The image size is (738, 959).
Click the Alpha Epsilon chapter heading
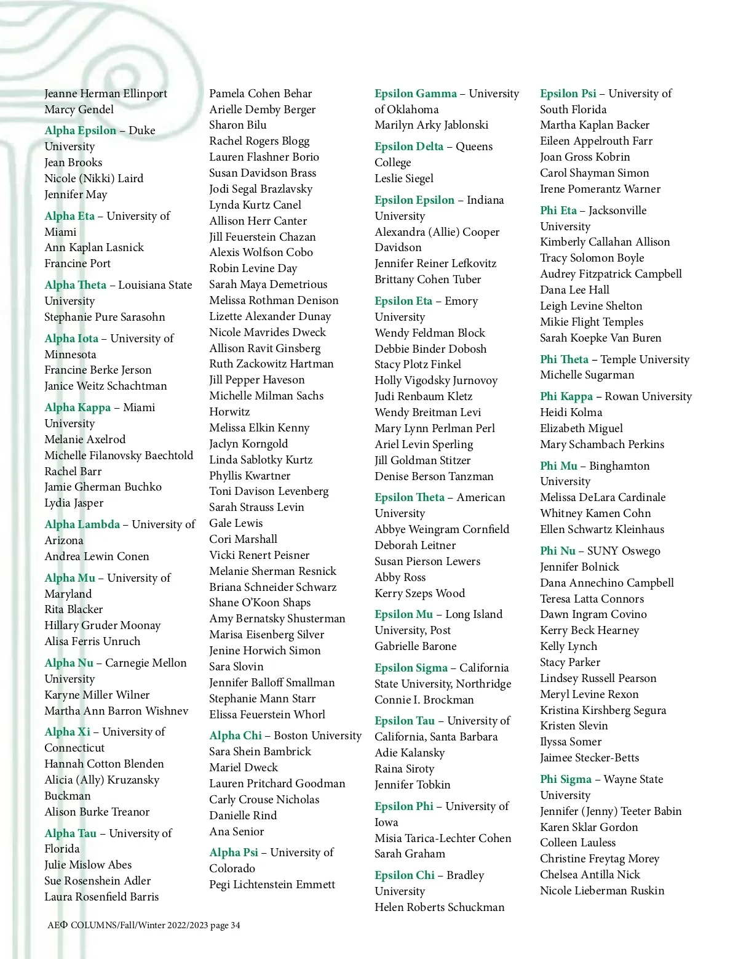point(80,130)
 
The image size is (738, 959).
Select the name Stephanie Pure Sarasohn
point(105,317)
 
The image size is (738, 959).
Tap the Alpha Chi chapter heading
point(236,736)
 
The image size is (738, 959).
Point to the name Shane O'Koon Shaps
point(260,603)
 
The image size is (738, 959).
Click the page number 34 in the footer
point(235,925)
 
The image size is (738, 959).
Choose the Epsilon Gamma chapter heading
point(416,94)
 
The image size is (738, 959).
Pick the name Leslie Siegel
point(404,179)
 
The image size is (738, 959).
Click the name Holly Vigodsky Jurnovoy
point(436,380)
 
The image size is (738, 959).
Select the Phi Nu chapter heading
point(558,551)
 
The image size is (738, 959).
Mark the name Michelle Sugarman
point(587,375)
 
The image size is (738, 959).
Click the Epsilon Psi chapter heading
point(568,94)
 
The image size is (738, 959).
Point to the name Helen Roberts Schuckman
point(439,907)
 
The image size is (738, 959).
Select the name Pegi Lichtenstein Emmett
point(272,885)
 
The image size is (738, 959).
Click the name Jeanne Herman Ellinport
point(106,94)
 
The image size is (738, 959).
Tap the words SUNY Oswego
point(624,551)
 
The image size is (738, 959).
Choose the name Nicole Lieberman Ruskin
point(602,891)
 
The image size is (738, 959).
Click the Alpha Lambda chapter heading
point(82,524)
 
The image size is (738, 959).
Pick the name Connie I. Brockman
point(424,700)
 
